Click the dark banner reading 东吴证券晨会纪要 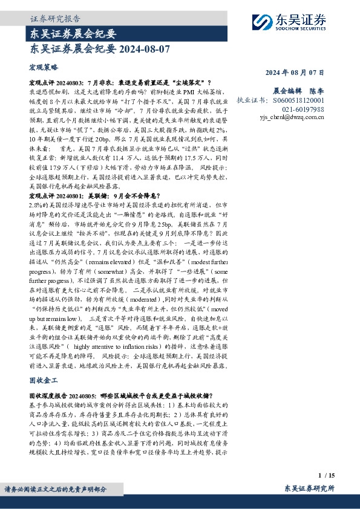[73, 33]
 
